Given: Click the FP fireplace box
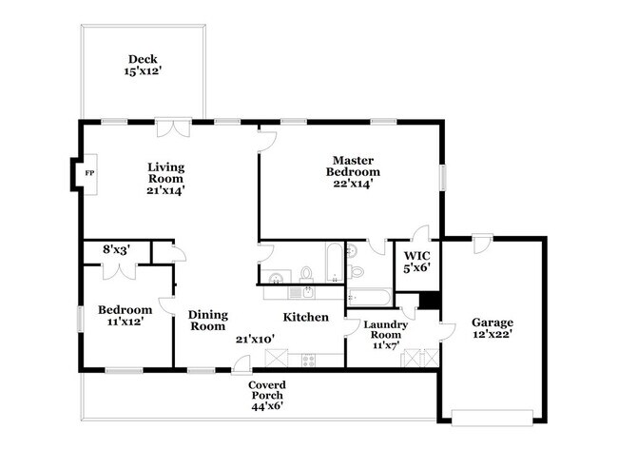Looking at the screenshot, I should (x=88, y=173).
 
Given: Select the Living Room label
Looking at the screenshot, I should (x=165, y=172).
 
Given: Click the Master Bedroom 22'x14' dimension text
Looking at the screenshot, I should (x=353, y=184).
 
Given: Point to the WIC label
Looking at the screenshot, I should (x=417, y=255).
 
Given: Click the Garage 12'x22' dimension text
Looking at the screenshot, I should (x=493, y=335).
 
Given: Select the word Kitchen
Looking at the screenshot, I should (x=306, y=317).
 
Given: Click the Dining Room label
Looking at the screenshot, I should (x=206, y=320).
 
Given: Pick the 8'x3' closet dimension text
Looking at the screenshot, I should (x=116, y=250).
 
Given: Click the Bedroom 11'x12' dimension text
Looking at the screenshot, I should (x=125, y=323).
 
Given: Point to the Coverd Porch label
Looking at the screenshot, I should (x=267, y=385).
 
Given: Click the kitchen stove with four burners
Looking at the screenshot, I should (x=308, y=359).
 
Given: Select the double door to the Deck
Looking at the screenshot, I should (x=173, y=127).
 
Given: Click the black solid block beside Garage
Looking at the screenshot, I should (x=430, y=300).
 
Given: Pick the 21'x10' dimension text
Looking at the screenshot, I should (x=255, y=338).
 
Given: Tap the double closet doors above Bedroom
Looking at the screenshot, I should (x=121, y=270).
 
